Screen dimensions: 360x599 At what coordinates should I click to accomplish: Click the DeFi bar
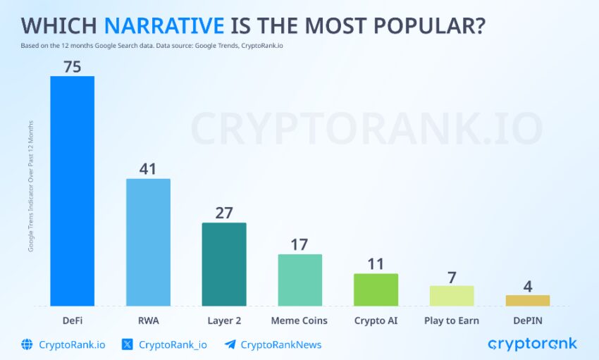[72, 190]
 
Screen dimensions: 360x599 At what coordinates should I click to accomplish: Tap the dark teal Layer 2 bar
[224, 264]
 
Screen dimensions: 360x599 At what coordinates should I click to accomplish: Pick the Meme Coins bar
[299, 280]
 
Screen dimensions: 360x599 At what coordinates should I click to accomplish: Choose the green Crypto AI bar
[376, 290]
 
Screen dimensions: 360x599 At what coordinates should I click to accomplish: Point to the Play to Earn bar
[452, 295]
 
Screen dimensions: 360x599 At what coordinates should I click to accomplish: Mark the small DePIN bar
[527, 300]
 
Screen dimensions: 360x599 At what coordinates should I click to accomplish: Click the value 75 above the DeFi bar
[72, 67]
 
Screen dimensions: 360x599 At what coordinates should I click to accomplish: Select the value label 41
[148, 169]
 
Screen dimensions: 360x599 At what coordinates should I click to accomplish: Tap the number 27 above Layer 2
[224, 213]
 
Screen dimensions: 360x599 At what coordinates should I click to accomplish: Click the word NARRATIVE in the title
[164, 25]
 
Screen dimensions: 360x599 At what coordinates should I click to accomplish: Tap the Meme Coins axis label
[299, 321]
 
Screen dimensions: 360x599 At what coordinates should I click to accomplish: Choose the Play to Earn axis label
[452, 321]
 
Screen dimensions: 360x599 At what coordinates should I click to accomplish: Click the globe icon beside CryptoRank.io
[27, 345]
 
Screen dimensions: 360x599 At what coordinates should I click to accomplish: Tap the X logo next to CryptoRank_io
[128, 345]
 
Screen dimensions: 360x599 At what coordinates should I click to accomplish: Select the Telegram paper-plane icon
[230, 345]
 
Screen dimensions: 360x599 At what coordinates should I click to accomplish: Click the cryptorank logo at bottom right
[532, 344]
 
